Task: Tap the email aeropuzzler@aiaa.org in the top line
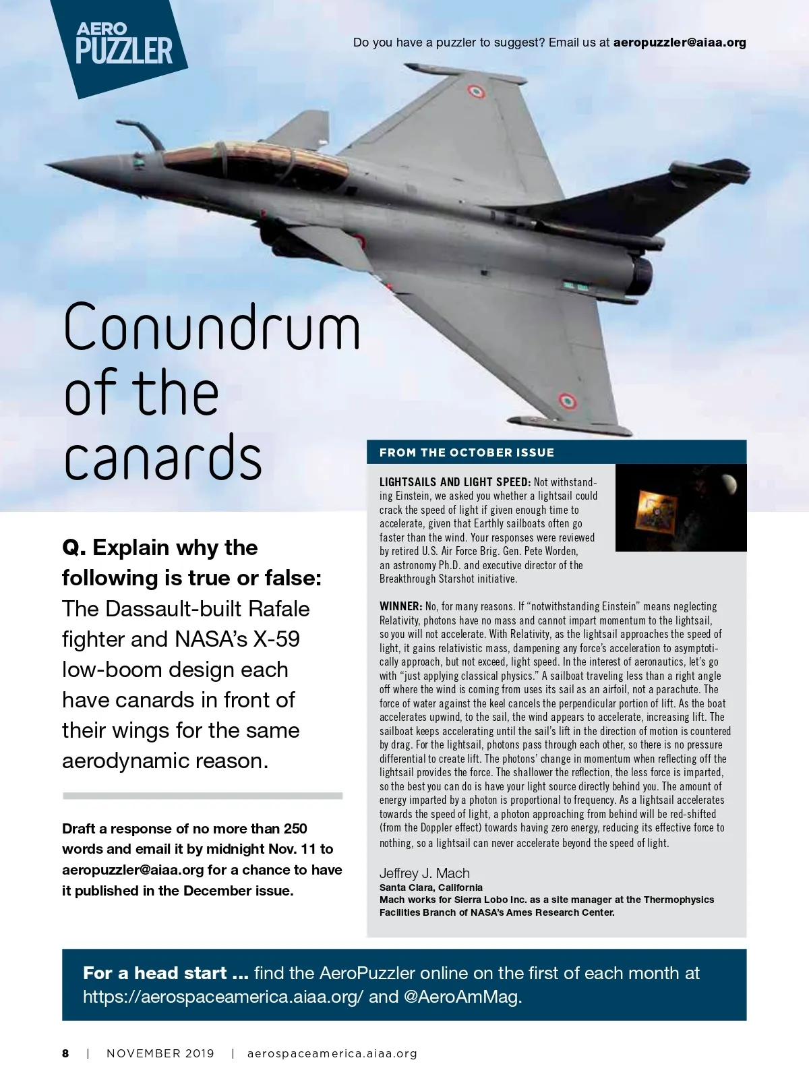680,42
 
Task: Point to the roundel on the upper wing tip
476,91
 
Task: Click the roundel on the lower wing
567,402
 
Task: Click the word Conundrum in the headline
212,327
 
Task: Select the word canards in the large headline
162,458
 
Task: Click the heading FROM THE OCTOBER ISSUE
467,452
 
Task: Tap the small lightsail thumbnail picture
681,507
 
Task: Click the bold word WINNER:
400,607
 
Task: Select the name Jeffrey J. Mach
424,873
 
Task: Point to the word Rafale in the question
278,608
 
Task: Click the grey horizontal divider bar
202,796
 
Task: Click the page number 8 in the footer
65,1053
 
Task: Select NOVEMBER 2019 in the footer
160,1053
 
